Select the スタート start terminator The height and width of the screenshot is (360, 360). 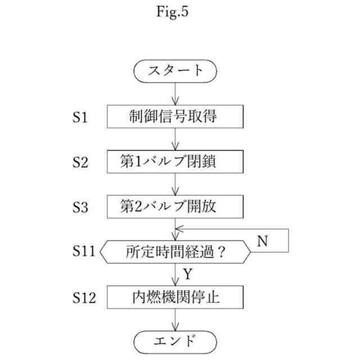(x=175, y=71)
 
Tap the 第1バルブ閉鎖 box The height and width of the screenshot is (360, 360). (x=175, y=162)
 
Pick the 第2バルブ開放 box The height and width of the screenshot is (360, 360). (x=175, y=206)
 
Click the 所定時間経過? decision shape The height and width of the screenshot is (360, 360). (x=175, y=251)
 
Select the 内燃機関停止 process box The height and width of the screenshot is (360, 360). (x=175, y=296)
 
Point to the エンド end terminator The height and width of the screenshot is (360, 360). (x=175, y=340)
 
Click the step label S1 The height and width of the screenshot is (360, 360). (x=81, y=118)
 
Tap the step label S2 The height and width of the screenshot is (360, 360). (x=81, y=163)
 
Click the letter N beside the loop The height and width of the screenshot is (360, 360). (x=262, y=241)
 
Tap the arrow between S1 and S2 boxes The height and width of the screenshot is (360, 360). (x=176, y=139)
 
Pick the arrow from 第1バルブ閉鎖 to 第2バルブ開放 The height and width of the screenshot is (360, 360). (x=176, y=184)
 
